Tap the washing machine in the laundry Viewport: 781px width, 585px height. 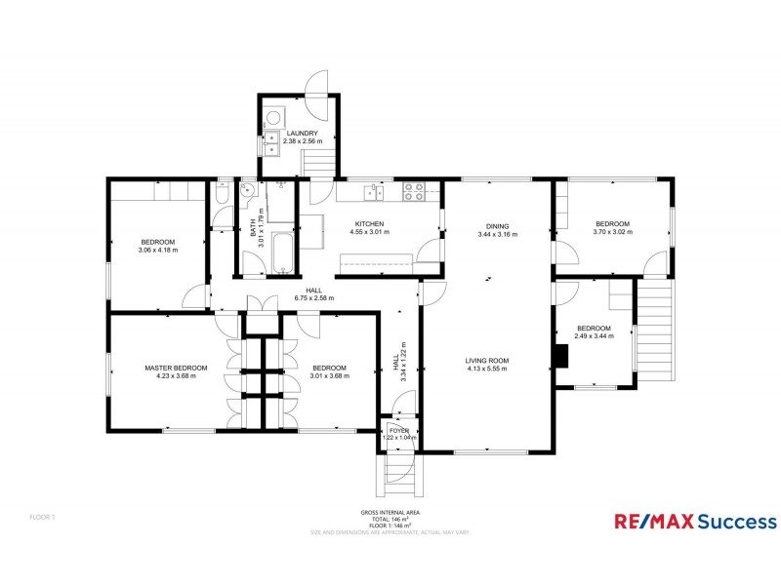(271, 112)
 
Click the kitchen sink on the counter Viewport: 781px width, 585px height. (373, 192)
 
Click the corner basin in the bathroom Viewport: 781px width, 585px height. (248, 191)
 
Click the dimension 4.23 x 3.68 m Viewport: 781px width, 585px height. (176, 375)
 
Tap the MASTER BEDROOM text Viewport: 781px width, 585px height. (176, 368)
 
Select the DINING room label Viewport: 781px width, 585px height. (497, 225)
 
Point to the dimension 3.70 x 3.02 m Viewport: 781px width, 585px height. (614, 232)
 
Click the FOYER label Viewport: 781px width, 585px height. (399, 430)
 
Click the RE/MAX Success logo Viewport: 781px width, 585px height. (695, 522)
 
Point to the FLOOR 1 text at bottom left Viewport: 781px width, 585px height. (42, 516)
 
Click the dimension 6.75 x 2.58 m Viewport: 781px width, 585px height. (313, 298)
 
